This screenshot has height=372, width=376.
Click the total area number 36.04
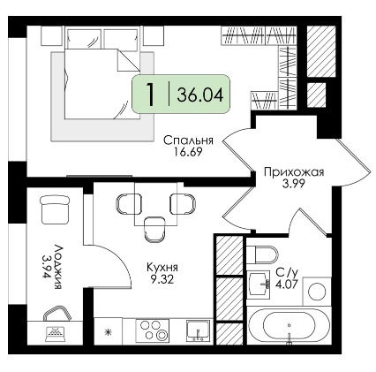(x=200, y=95)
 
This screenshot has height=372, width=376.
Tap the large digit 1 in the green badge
(x=151, y=95)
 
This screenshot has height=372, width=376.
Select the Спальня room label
(x=188, y=140)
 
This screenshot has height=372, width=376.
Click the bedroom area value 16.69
(x=188, y=152)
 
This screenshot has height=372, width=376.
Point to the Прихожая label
(x=294, y=172)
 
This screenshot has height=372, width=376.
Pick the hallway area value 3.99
(x=293, y=184)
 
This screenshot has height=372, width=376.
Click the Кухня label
(x=162, y=268)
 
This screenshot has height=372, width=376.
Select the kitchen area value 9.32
(x=162, y=279)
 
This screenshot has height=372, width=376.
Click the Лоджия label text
(x=58, y=266)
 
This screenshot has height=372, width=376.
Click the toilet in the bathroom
(x=262, y=254)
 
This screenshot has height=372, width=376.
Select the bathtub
(x=289, y=325)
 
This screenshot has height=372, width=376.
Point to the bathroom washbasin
(x=259, y=285)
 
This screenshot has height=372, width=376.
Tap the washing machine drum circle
(x=318, y=291)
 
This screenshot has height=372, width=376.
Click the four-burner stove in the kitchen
(x=152, y=330)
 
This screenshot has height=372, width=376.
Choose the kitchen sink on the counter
(x=199, y=330)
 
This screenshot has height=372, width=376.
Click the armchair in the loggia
(x=55, y=209)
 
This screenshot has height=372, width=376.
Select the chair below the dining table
(x=154, y=230)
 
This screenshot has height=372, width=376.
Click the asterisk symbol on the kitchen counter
(x=109, y=332)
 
